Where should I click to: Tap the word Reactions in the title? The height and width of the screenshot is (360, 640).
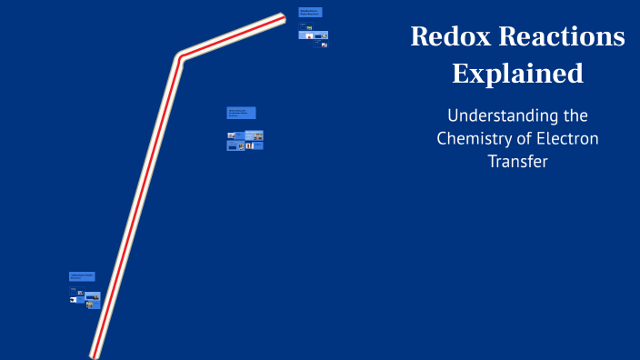click(x=561, y=37)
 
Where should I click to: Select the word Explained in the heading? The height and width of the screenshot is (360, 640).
click(x=517, y=74)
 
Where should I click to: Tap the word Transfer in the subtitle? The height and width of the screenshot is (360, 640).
click(x=517, y=162)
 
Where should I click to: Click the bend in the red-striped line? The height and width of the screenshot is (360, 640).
click(x=179, y=57)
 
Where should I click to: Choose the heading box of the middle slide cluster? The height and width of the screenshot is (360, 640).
click(x=241, y=113)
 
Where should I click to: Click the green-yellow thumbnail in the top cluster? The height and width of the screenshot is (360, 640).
click(x=309, y=28)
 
